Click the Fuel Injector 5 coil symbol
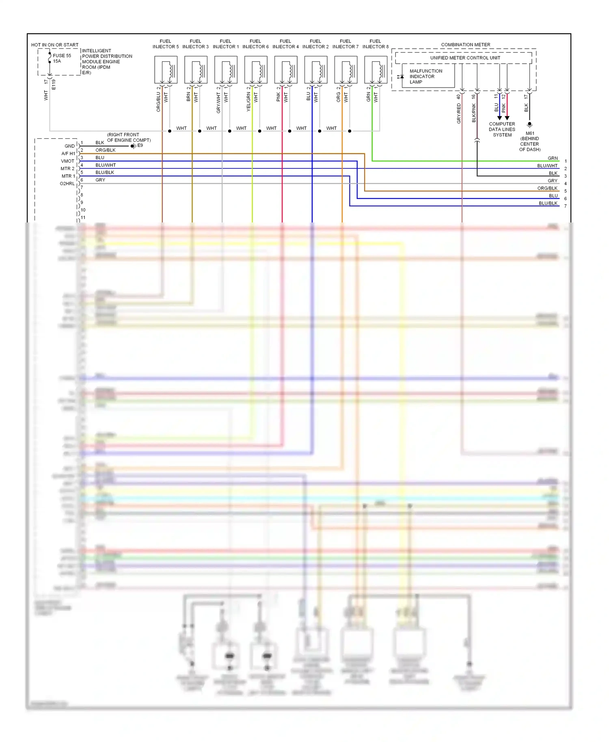pyautogui.click(x=166, y=70)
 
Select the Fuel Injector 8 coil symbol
pyautogui.click(x=376, y=70)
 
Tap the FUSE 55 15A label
pyautogui.click(x=62, y=58)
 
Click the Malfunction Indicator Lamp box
pyautogui.click(x=428, y=76)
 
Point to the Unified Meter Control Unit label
pyautogui.click(x=465, y=58)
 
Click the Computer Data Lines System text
pyautogui.click(x=502, y=129)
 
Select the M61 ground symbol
pyautogui.click(x=529, y=125)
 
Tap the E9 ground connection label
pyautogui.click(x=140, y=145)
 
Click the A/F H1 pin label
pyautogui.click(x=68, y=154)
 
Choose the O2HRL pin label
pyautogui.click(x=67, y=184)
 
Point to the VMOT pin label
pyautogui.click(x=68, y=161)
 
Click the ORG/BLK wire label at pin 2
pyautogui.click(x=106, y=150)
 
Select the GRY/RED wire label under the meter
pyautogui.click(x=459, y=113)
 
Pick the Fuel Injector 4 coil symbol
pyautogui.click(x=286, y=70)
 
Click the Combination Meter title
pyautogui.click(x=465, y=45)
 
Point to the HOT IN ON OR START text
pyautogui.click(x=55, y=45)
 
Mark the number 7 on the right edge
pyautogui.click(x=565, y=206)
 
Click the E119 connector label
pyautogui.click(x=54, y=84)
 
